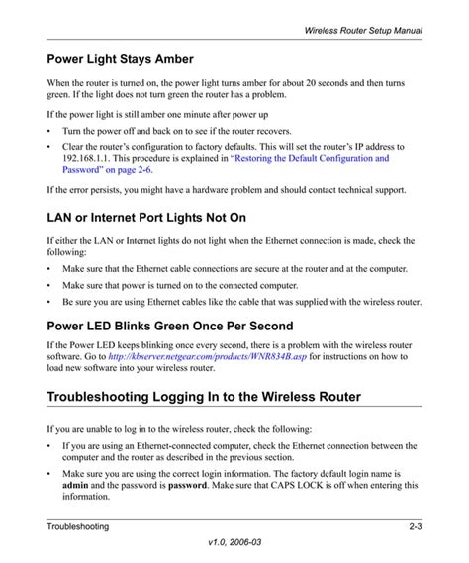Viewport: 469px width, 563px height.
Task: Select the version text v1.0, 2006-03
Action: tap(234, 547)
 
